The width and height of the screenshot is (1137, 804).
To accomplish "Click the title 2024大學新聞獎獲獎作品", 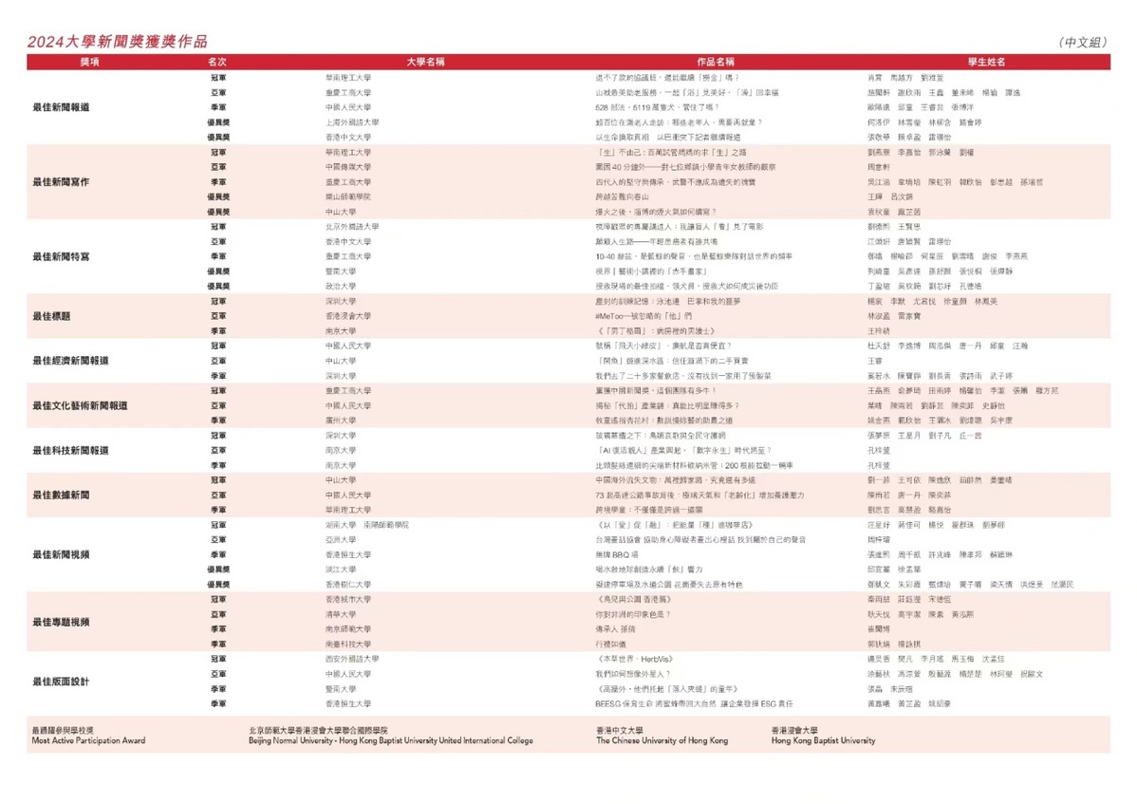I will click(x=117, y=42).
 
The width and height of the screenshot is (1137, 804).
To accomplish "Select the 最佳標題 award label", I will click(x=52, y=316).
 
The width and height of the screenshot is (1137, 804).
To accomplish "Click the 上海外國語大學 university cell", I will click(x=352, y=122).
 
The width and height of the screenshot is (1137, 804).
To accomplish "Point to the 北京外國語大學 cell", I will click(x=352, y=227).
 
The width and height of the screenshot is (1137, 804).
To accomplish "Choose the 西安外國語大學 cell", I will click(x=352, y=659).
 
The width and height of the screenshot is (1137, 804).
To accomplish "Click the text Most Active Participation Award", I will click(x=88, y=740).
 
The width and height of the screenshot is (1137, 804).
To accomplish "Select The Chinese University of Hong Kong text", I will click(x=662, y=740).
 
